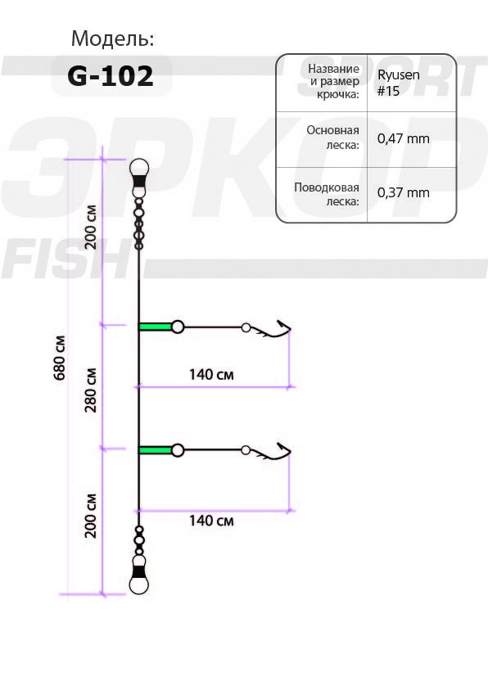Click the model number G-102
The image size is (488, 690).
pos(111,75)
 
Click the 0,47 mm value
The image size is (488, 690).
pos(403,138)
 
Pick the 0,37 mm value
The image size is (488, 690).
pos(403,192)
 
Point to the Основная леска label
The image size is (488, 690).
pos(333,138)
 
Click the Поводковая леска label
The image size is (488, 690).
pos(327,194)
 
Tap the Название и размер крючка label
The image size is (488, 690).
pos(334,81)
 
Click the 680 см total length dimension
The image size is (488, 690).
pos(60,358)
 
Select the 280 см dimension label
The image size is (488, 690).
pos(92,390)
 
